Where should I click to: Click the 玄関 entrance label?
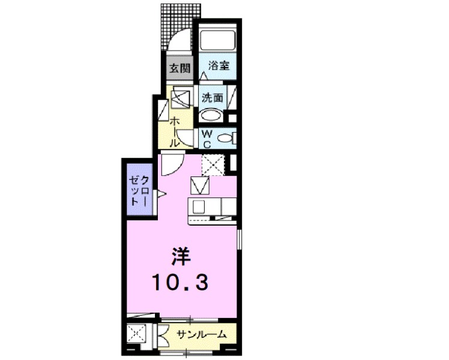point(179,68)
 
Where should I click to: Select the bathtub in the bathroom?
point(218,41)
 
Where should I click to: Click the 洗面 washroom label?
point(212,97)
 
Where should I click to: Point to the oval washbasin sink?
point(210,115)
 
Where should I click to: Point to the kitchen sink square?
point(199,208)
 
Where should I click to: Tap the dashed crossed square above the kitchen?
point(212,164)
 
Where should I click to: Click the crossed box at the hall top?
point(181,97)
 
